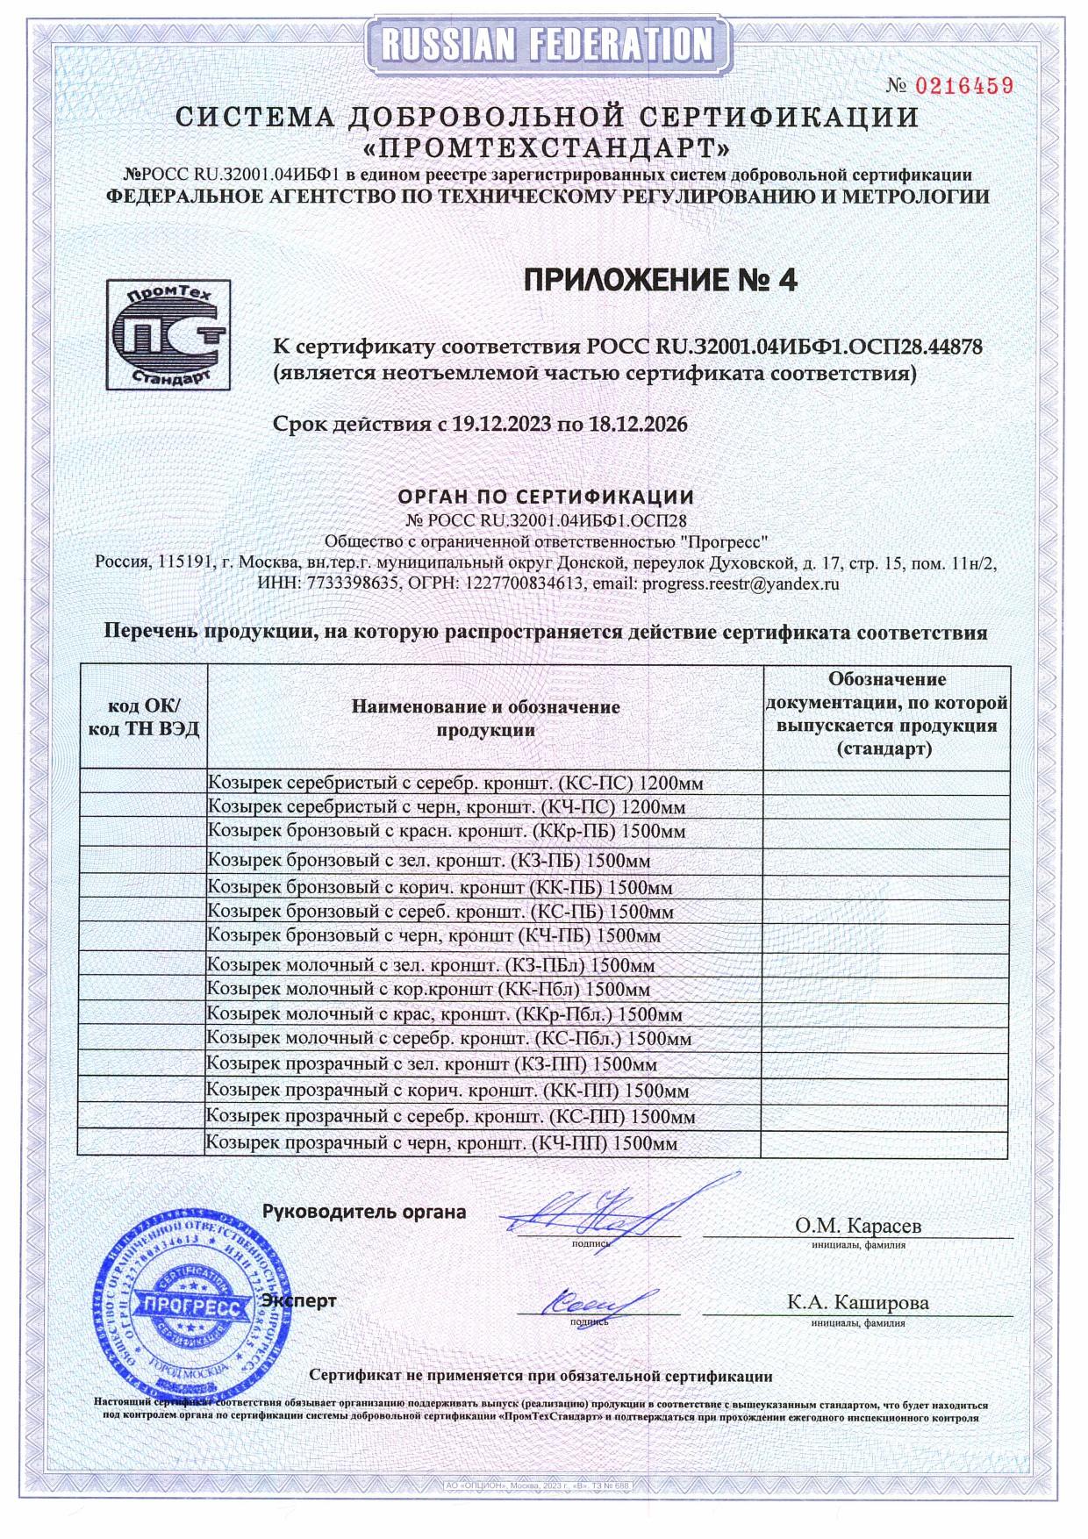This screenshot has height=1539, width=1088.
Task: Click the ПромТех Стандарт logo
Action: (x=168, y=333)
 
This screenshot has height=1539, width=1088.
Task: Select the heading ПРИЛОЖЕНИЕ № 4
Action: (x=661, y=280)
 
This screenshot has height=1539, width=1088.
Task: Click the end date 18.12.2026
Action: (x=635, y=425)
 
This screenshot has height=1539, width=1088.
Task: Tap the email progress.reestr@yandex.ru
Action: (x=741, y=583)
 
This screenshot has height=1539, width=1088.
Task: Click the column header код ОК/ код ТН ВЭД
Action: (x=143, y=718)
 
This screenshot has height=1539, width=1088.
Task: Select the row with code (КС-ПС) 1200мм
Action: (x=455, y=783)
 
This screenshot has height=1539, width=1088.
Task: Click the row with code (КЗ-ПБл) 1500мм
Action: (x=431, y=965)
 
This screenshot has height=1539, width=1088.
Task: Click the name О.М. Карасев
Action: (x=857, y=1225)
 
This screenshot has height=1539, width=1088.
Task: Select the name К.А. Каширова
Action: (x=857, y=1302)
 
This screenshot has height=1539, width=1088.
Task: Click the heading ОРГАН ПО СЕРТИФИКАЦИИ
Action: (x=546, y=497)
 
